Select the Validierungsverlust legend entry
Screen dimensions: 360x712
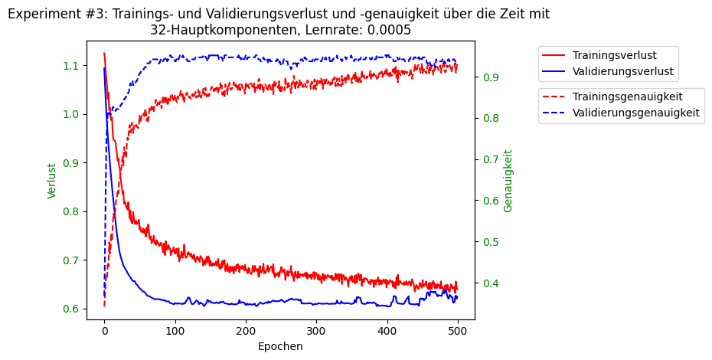point(622,71)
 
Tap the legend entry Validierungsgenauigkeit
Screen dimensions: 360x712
point(635,113)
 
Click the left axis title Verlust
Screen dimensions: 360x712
point(52,181)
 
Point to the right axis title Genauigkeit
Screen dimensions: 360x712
point(508,181)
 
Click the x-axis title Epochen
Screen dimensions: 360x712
point(280,346)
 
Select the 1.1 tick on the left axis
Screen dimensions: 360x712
point(70,66)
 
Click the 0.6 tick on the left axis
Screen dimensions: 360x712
point(70,309)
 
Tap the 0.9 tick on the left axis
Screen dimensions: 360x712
point(70,163)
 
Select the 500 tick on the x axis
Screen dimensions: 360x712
point(458,330)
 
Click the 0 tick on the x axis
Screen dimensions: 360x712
point(104,330)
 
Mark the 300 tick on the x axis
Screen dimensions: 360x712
point(316,330)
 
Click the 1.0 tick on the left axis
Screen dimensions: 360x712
point(70,114)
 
